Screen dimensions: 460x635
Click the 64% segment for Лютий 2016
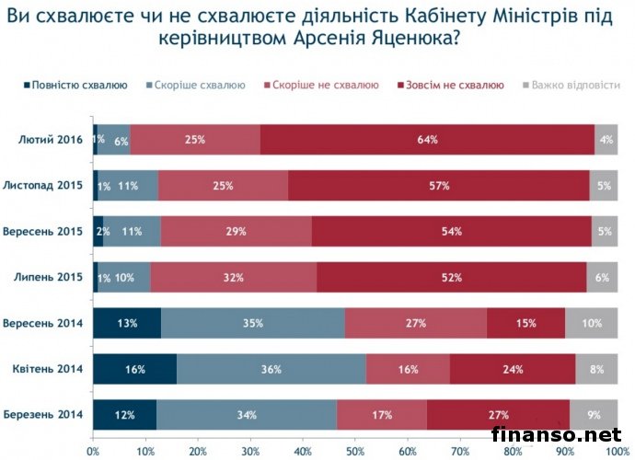(x=426, y=140)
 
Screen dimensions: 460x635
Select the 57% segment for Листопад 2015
(x=440, y=186)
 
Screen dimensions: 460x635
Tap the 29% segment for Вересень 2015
(x=237, y=232)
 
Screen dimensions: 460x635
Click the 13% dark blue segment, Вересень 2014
(x=127, y=324)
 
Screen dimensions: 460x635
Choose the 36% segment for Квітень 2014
(x=271, y=369)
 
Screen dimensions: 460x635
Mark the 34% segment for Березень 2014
(x=248, y=415)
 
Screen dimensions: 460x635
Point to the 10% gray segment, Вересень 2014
(x=591, y=324)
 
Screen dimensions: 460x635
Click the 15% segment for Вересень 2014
(x=525, y=324)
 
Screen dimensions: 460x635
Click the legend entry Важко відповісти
(x=574, y=86)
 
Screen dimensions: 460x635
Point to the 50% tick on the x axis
(x=355, y=452)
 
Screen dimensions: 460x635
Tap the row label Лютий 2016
(x=51, y=140)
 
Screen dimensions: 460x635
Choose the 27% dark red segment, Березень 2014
(x=498, y=415)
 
